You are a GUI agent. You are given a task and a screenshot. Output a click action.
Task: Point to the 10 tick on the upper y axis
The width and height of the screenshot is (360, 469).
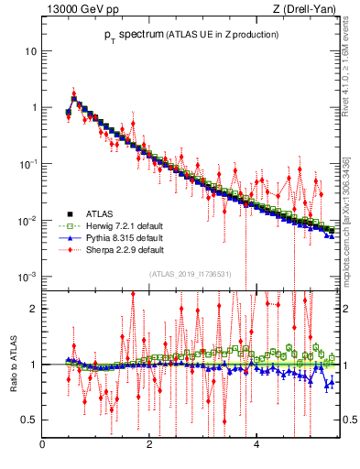[x=30, y=50]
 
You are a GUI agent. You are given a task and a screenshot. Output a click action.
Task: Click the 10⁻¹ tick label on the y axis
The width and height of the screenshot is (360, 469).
[x=27, y=163]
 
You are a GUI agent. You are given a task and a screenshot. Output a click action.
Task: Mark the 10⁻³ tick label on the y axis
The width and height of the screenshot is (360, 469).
[x=27, y=277]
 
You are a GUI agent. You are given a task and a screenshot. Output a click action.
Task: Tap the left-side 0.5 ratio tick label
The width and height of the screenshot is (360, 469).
[x=28, y=420]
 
